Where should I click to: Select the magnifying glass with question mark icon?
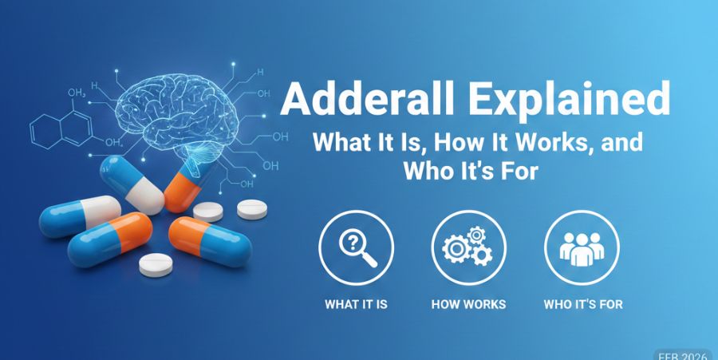coord(356,250)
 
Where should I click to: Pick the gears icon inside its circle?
coord(468,250)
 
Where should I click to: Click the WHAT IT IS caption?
coord(356,304)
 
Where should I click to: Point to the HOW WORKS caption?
coord(468,304)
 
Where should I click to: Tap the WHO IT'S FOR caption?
coord(583,304)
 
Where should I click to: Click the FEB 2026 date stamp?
coord(685,354)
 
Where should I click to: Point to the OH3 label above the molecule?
coord(77,95)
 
